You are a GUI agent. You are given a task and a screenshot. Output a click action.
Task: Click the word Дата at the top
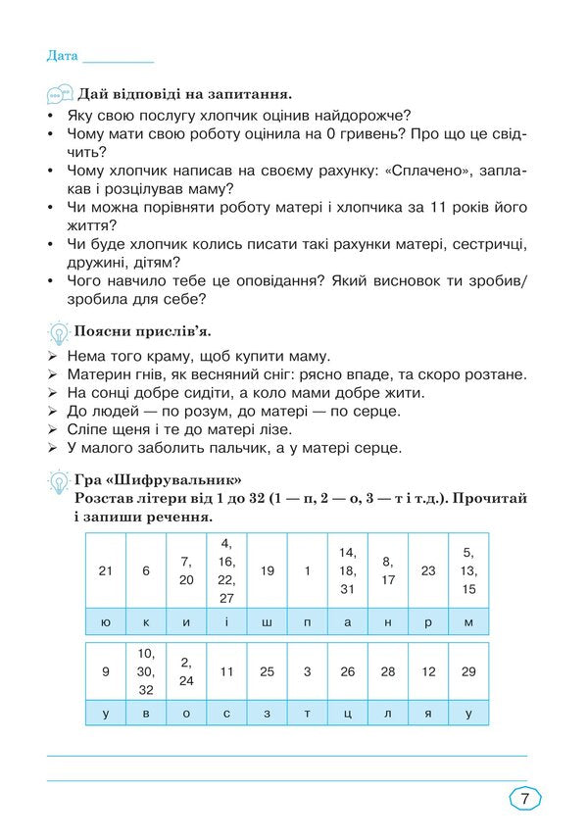pos(62,56)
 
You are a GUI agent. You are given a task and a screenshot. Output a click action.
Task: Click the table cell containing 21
pos(105,570)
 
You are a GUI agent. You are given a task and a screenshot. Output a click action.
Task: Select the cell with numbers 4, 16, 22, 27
pos(226,570)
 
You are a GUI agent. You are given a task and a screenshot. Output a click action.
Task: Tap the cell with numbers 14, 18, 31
pos(347,570)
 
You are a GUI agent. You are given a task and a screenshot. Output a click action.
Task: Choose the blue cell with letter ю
pos(105,621)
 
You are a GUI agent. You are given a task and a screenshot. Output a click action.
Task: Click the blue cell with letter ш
pos(267,621)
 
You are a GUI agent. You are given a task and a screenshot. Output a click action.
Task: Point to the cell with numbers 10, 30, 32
pos(146,671)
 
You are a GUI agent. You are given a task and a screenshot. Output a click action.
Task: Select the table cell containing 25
pos(267,671)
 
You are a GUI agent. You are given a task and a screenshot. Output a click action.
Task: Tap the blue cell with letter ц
pos(347,714)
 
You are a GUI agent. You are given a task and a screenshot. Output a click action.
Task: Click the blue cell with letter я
pos(428,714)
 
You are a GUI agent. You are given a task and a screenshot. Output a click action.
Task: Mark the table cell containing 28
pos(388,671)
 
